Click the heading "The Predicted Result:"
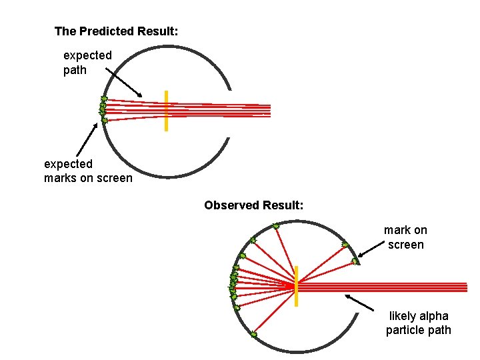point(116,31)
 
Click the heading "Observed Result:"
point(254,205)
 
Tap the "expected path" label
point(87,63)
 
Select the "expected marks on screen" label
point(88,171)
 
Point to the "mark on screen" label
point(405,237)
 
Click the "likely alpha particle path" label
point(418,323)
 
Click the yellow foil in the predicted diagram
point(166,111)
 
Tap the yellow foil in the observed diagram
point(296,286)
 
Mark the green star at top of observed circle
point(276,226)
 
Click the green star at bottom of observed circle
point(253,335)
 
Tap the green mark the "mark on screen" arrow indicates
point(355,261)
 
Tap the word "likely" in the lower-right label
point(402,316)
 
